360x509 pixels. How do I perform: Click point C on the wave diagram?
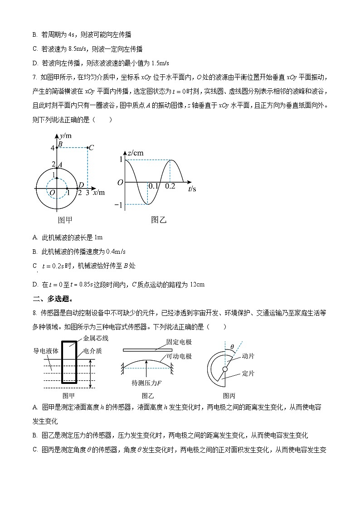point(88,147)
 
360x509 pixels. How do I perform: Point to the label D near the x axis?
point(81,185)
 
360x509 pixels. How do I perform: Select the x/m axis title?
point(98,192)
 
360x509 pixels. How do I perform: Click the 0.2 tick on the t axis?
point(170,186)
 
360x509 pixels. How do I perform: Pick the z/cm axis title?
point(135,153)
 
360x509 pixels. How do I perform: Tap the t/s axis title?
point(192,189)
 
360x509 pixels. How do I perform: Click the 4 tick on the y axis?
point(52,148)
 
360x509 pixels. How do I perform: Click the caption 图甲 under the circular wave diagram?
point(65,220)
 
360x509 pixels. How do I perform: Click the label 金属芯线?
point(96,339)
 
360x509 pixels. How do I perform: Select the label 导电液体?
point(46,351)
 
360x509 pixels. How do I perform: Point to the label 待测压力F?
point(147,383)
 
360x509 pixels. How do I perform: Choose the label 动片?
point(248,356)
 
